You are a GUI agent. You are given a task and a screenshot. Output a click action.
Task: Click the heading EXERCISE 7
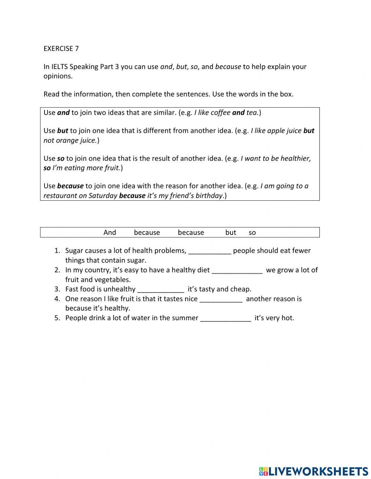tap(61, 49)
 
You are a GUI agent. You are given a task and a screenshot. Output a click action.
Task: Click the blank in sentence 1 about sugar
tap(210, 251)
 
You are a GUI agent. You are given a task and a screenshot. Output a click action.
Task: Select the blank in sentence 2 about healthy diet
tap(237, 270)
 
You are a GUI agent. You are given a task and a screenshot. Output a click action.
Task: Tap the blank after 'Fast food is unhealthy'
tap(161, 289)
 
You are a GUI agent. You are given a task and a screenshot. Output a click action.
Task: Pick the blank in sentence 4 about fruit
tap(221, 299)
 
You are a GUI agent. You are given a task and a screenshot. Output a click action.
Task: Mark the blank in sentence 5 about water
tap(226, 318)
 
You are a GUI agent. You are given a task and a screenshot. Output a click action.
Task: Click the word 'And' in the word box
tap(109, 233)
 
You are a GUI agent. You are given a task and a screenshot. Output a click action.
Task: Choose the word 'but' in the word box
tap(230, 233)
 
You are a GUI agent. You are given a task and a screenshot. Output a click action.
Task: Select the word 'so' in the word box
tap(252, 233)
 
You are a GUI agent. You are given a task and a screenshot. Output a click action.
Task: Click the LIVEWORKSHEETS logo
tap(313, 471)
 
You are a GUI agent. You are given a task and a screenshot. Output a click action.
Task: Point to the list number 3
tap(57, 289)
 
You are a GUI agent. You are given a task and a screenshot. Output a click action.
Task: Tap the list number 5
tap(57, 318)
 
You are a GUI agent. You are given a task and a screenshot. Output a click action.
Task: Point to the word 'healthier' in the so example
tap(295, 159)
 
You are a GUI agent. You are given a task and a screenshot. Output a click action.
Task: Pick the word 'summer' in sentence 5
tap(185, 318)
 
